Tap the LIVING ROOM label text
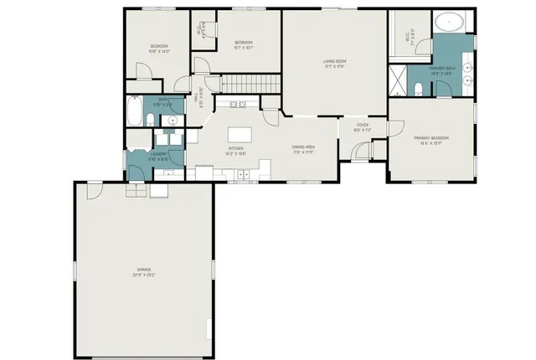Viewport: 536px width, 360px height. pos(336,61)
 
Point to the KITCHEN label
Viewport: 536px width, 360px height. pos(234,148)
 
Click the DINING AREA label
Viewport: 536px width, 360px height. pos(303,147)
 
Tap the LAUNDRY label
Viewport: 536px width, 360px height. pos(159,154)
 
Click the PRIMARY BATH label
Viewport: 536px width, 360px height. pos(441,69)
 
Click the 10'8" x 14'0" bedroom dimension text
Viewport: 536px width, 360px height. pos(159,51)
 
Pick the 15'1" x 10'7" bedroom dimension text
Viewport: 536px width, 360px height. pos(244,47)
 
